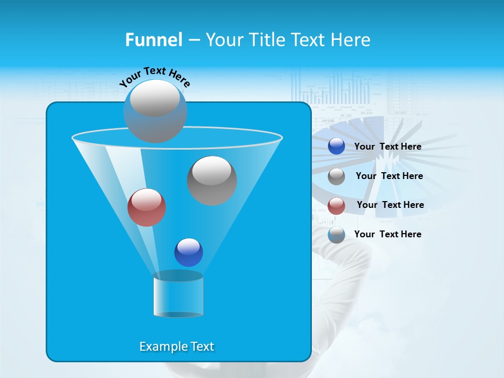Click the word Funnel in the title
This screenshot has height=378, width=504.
pyautogui.click(x=154, y=40)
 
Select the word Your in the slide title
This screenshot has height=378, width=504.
pyautogui.click(x=224, y=40)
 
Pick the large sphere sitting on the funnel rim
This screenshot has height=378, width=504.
pyautogui.click(x=155, y=111)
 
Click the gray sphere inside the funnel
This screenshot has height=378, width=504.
pyautogui.click(x=212, y=181)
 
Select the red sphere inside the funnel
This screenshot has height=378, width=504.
pyautogui.click(x=146, y=207)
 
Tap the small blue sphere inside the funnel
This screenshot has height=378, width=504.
pyautogui.click(x=188, y=252)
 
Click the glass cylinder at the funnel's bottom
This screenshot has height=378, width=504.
pyautogui.click(x=178, y=295)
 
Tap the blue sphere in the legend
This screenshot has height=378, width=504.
pyautogui.click(x=337, y=146)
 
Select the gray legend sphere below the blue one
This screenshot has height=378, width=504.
pyautogui.click(x=337, y=176)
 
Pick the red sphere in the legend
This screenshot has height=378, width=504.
pyautogui.click(x=337, y=206)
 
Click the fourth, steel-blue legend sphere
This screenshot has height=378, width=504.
pyautogui.click(x=337, y=235)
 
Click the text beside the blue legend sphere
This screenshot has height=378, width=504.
pyautogui.click(x=387, y=147)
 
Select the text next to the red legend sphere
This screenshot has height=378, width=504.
pyautogui.click(x=390, y=205)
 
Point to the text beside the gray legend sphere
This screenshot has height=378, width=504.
pyautogui.click(x=389, y=176)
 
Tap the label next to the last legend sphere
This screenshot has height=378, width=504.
pyautogui.click(x=387, y=235)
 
